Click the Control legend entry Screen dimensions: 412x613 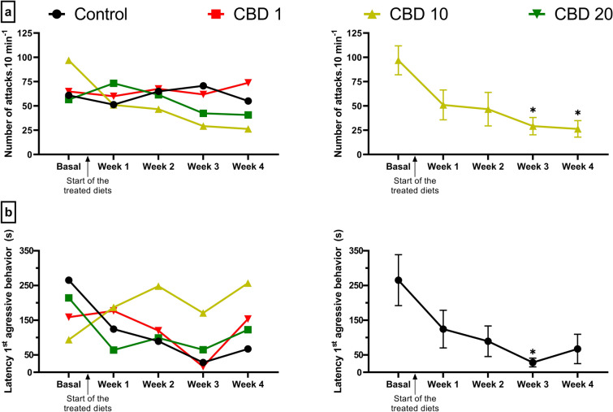[x=92, y=14]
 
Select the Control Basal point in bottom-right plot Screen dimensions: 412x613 [x=398, y=280]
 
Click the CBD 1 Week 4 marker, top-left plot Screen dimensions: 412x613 [x=248, y=82]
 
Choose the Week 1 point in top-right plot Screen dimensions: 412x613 [x=442, y=105]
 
